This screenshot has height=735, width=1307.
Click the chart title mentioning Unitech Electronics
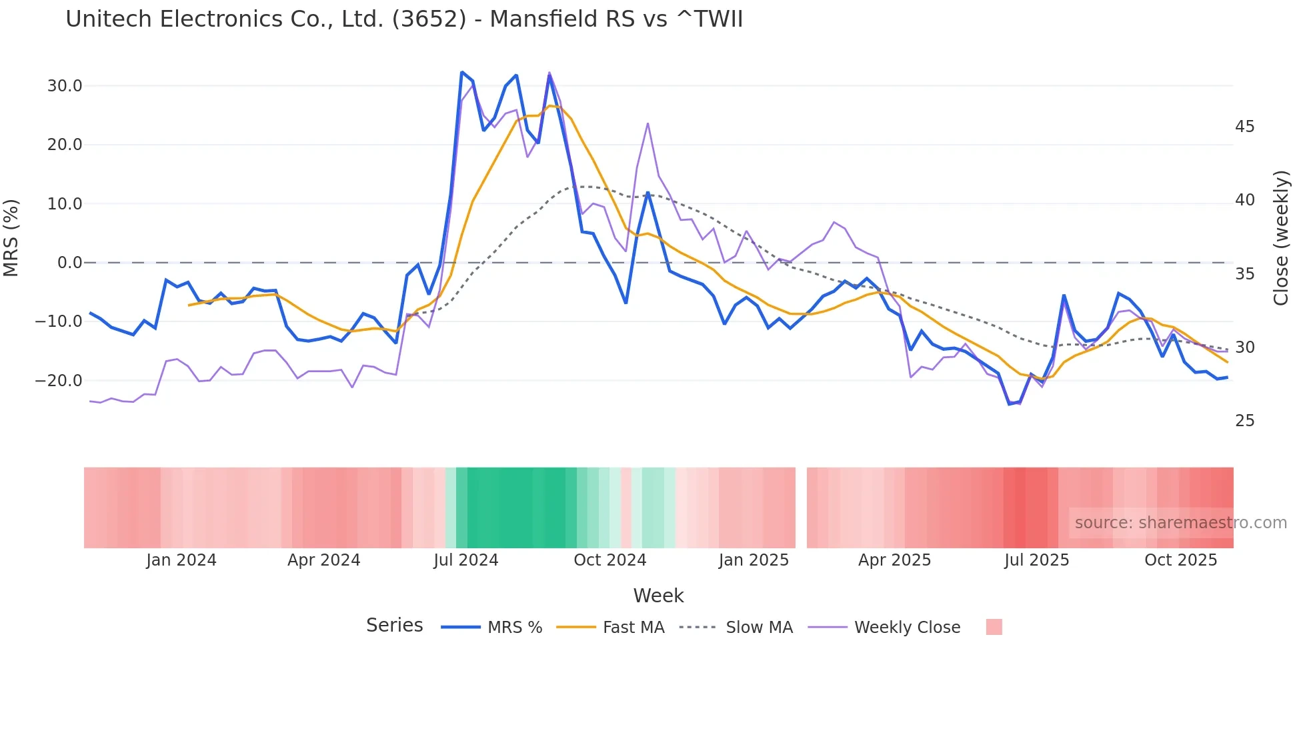403,19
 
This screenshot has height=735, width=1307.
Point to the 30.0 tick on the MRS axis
65,86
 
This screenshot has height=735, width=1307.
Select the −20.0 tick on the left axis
59,381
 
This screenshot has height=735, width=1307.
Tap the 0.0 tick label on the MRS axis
69,263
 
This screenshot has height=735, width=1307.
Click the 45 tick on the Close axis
1244,127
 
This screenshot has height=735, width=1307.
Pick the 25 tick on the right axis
1244,421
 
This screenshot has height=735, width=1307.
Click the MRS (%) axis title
11,237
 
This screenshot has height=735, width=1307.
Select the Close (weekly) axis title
1280,238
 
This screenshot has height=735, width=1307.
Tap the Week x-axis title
658,596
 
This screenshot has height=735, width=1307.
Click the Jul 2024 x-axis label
466,560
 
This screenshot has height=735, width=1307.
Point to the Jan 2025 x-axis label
754,560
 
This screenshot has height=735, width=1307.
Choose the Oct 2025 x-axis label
1180,560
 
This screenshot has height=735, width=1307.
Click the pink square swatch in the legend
994,627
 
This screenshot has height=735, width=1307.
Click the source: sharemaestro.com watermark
1180,523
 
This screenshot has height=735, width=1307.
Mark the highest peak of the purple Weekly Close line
549,73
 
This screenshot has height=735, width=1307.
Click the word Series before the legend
394,626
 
